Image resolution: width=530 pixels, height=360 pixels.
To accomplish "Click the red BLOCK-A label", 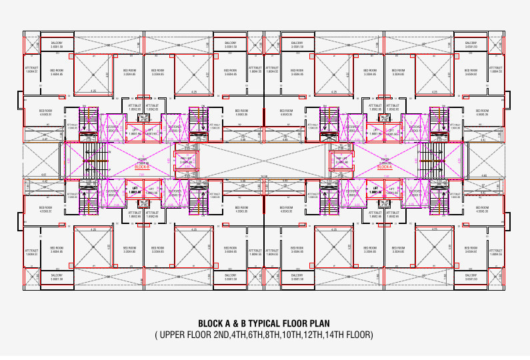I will pyautogui.click(x=385, y=167).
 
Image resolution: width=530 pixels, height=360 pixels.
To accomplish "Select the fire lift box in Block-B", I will pyautogui.click(x=185, y=161).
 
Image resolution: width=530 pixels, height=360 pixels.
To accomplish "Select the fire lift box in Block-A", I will pyautogui.click(x=342, y=161).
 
